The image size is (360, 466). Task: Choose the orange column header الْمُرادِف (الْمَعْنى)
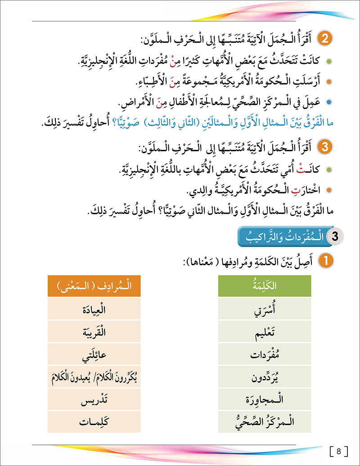(94, 287)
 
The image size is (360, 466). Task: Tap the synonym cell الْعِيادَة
(94, 310)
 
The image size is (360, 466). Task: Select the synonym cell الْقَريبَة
(94, 333)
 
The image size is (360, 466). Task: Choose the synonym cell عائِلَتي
(94, 355)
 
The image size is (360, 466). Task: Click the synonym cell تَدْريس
(94, 399)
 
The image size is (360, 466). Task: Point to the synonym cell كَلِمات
(94, 422)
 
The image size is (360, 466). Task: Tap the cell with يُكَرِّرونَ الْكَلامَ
(94, 377)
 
